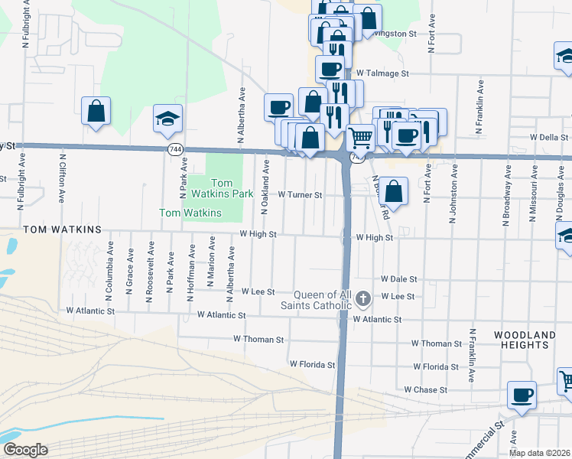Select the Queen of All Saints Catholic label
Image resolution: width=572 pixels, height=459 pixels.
point(323,301)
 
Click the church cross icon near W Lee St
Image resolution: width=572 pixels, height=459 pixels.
point(363,298)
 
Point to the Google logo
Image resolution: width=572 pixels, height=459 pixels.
point(24,450)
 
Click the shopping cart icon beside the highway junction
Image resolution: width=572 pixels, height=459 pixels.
point(360,138)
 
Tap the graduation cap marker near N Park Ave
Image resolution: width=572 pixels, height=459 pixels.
point(167,119)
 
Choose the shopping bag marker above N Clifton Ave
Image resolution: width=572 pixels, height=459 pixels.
point(96,111)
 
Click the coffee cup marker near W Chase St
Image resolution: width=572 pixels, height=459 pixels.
point(522,395)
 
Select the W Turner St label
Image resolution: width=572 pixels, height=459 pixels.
point(300,195)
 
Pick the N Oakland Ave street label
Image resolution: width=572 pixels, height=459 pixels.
point(265,186)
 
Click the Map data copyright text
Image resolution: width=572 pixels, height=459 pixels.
point(538,452)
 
